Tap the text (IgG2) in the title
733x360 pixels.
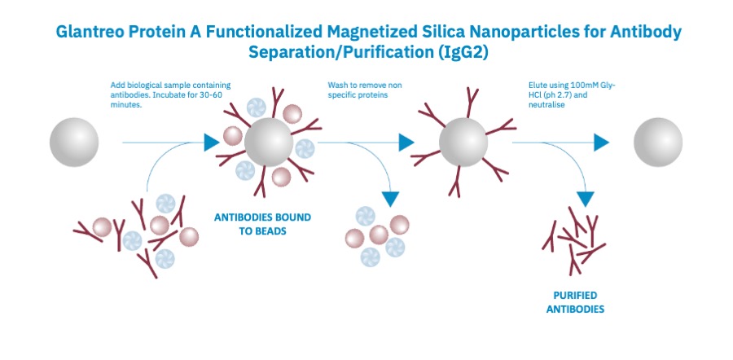coord(463,52)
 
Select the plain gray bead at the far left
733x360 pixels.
coord(74,143)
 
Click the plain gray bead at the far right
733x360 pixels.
coord(658,143)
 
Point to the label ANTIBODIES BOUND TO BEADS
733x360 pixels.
coord(262,224)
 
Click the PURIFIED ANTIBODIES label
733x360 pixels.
coord(575,302)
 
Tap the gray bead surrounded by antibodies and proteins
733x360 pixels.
coord(269,143)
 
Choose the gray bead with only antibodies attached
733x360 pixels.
coord(463,143)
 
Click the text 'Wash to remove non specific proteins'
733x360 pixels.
coord(365,90)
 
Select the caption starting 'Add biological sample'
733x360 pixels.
coord(171,94)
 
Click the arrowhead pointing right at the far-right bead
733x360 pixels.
coord(601,143)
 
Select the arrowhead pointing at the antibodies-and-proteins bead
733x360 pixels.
coord(211,143)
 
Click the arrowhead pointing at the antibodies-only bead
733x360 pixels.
coord(406,143)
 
